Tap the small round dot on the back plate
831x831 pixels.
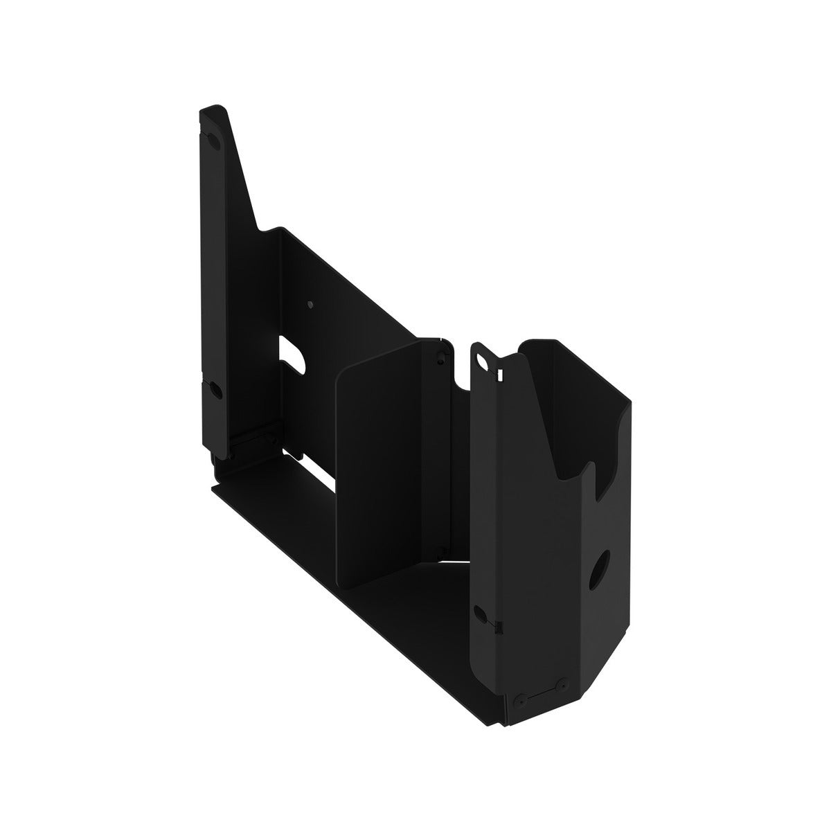[310, 304]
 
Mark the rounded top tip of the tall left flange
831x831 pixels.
[211, 111]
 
